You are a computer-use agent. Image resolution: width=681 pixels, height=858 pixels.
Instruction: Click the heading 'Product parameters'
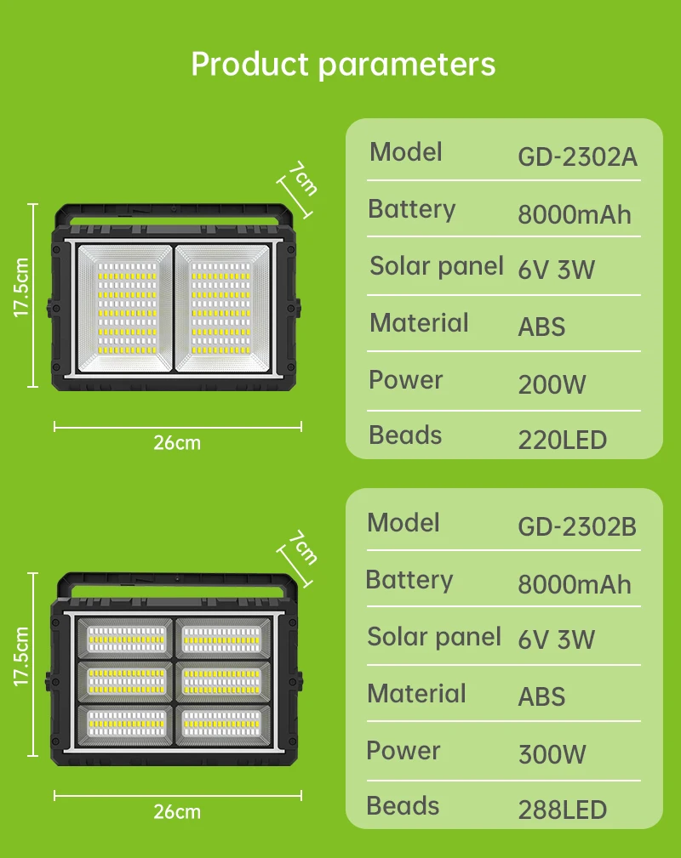[343, 65]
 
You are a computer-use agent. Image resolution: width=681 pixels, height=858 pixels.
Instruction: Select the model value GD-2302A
[577, 157]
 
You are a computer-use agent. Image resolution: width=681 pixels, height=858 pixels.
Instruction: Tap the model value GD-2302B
[577, 527]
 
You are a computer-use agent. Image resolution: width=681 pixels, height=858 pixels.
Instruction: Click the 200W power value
[552, 384]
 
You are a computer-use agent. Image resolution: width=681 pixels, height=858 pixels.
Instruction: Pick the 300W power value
[552, 753]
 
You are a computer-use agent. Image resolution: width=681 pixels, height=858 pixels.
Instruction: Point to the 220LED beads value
[562, 440]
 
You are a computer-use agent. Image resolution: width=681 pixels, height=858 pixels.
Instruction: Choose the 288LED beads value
[562, 810]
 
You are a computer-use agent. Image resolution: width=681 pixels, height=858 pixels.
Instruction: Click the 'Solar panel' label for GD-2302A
[437, 266]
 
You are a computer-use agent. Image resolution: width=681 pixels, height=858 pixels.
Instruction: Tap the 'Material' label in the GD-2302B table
[416, 694]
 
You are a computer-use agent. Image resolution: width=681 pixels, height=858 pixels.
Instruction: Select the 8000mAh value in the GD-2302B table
[575, 584]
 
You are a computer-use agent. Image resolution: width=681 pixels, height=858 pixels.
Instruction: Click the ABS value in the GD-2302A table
[541, 327]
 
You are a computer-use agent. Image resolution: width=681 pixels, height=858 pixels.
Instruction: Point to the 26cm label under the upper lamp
[177, 442]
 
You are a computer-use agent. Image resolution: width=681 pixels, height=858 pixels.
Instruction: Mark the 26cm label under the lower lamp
[177, 811]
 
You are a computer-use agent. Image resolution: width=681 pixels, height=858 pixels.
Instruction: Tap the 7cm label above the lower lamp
[302, 548]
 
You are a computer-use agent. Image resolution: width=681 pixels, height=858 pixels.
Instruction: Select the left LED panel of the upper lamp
[126, 308]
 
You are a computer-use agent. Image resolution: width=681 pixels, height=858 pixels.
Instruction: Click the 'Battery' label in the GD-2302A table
[411, 209]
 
